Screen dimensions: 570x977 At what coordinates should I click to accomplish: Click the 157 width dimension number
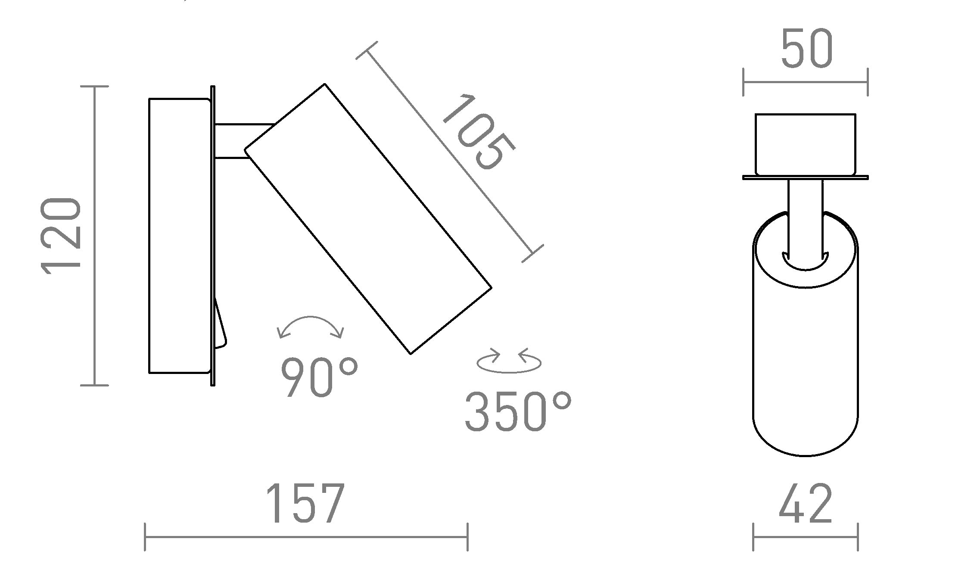tap(305, 503)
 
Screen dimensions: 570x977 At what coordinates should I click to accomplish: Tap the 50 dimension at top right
tap(806, 50)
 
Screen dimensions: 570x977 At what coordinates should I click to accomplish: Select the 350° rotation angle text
tap(517, 411)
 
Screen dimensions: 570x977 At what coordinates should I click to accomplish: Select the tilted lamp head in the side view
tap(368, 219)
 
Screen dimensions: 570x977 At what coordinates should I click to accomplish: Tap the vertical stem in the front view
tap(805, 215)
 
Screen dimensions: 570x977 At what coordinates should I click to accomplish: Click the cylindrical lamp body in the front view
tap(805, 353)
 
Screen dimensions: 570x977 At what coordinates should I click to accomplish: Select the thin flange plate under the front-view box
tap(805, 177)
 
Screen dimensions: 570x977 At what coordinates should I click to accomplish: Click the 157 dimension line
tap(306, 537)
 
